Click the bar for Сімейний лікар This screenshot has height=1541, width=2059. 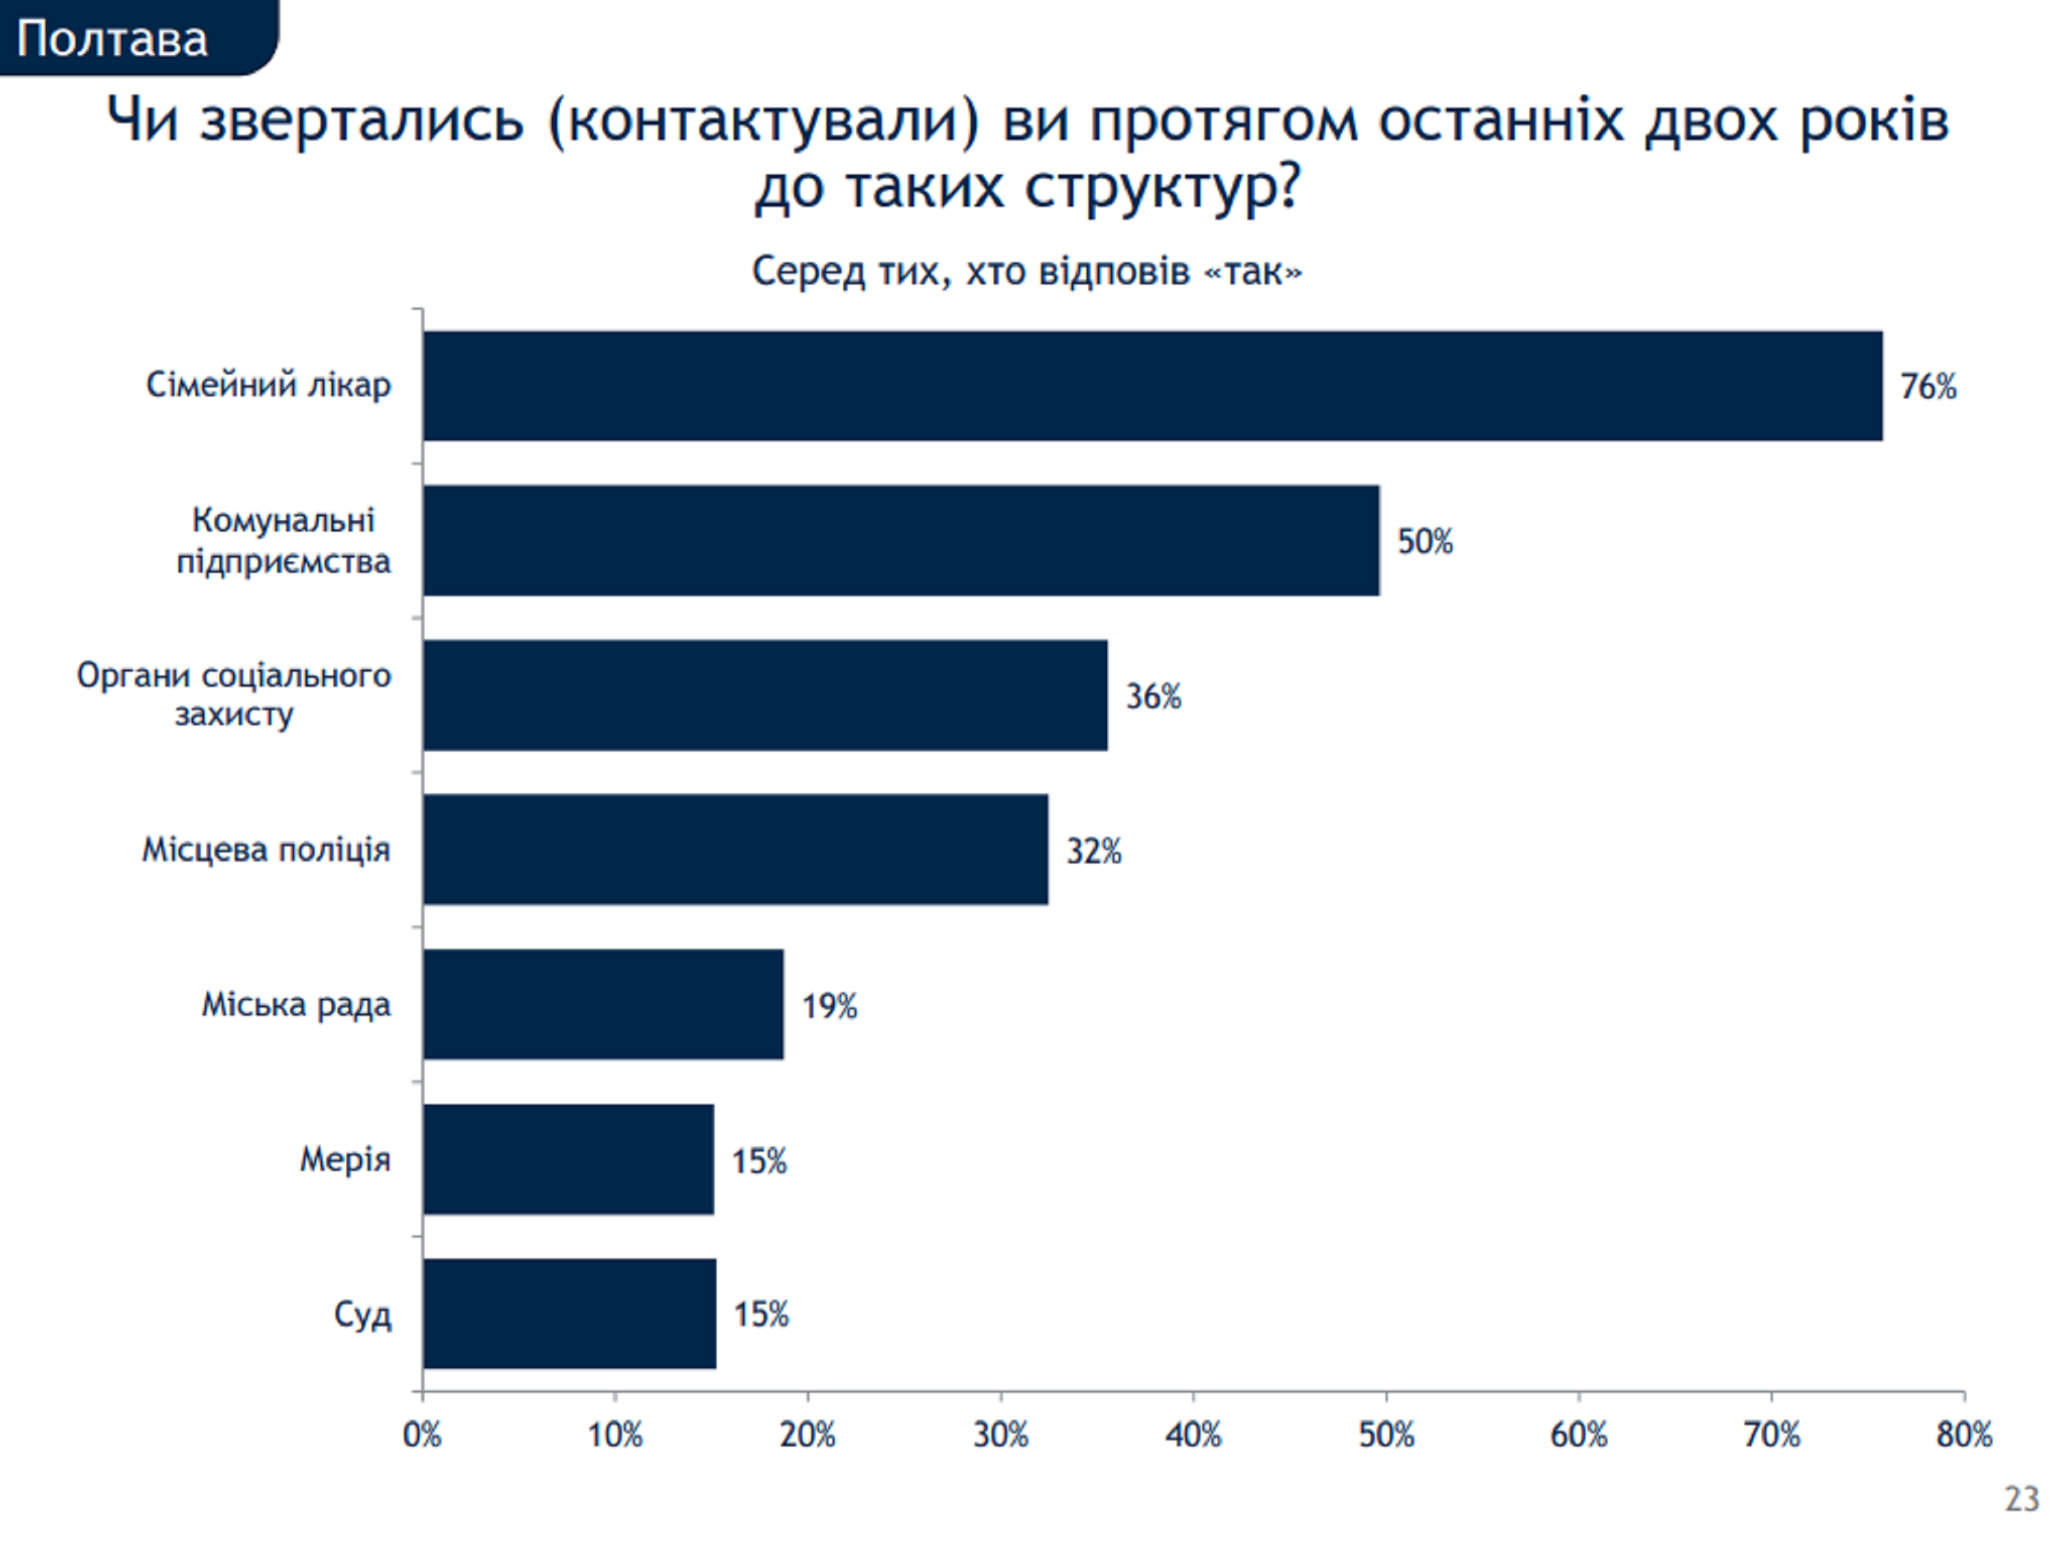click(x=1152, y=385)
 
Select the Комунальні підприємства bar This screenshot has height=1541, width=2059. click(x=901, y=540)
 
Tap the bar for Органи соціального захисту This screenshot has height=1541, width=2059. click(x=765, y=694)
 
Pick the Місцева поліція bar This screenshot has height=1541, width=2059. click(x=735, y=849)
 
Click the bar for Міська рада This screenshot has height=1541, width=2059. click(x=603, y=1004)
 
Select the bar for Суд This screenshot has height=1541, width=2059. click(x=570, y=1314)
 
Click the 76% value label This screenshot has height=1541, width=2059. click(x=1928, y=387)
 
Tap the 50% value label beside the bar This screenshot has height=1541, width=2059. click(x=1424, y=541)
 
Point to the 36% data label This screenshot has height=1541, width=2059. click(x=1153, y=696)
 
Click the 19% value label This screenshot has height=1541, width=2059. click(x=829, y=1005)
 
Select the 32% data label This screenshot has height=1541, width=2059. click(x=1094, y=851)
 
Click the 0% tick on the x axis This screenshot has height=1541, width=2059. click(x=421, y=1435)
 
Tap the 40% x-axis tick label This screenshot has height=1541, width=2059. click(x=1194, y=1435)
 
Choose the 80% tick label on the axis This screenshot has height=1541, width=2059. click(x=1964, y=1435)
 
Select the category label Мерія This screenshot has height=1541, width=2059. click(x=345, y=1159)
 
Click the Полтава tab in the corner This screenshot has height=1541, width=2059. click(x=113, y=39)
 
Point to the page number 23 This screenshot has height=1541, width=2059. click(x=2021, y=1499)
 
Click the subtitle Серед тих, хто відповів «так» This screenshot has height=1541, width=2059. click(x=1027, y=272)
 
